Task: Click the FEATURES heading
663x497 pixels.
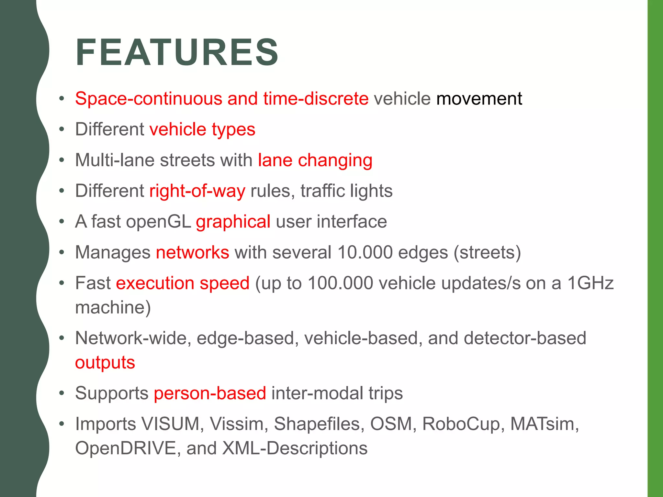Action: tap(177, 52)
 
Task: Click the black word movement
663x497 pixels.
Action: tap(479, 98)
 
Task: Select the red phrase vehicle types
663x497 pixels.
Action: tap(202, 129)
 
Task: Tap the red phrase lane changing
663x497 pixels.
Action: tap(315, 160)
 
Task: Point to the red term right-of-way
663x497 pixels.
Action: tap(197, 191)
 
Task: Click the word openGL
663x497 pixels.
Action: tap(158, 222)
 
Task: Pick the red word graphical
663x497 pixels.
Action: tap(233, 222)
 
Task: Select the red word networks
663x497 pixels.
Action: tap(193, 252)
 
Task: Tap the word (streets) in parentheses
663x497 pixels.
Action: tap(487, 252)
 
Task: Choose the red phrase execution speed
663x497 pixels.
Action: tap(183, 283)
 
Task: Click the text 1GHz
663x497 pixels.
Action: tap(590, 283)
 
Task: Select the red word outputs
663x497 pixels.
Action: tap(105, 362)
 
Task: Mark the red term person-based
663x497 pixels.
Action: tap(210, 393)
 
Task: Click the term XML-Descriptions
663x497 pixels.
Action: tap(295, 448)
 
